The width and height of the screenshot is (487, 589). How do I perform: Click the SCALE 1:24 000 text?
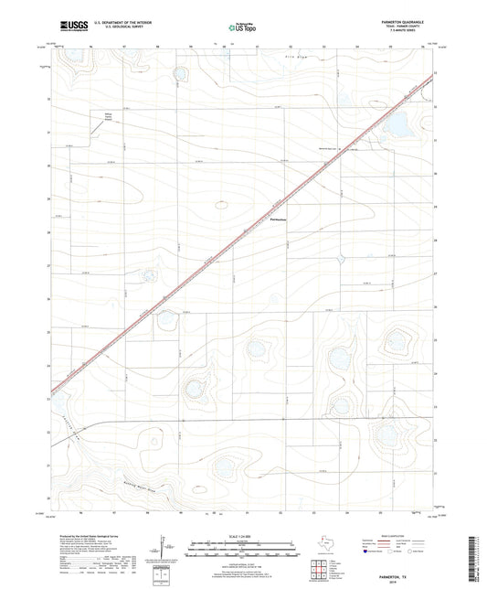coord(241,537)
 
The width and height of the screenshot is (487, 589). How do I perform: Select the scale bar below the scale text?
coord(241,546)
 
